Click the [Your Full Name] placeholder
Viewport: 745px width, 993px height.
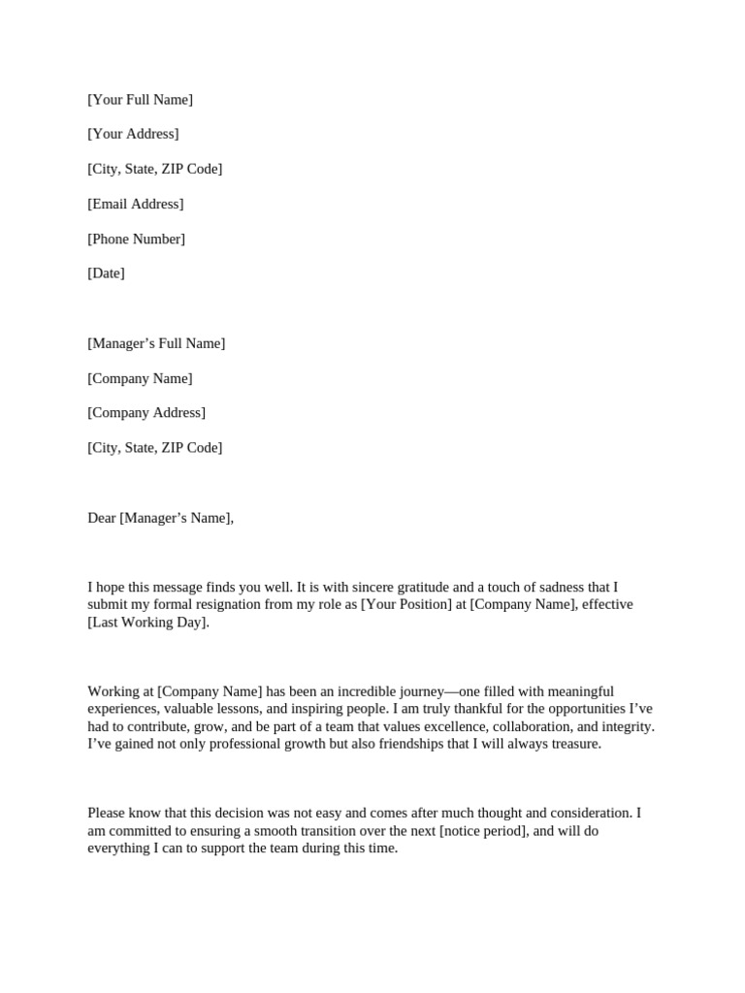(140, 100)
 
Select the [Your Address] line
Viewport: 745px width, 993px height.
(133, 134)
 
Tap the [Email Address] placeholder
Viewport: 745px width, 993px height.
(135, 204)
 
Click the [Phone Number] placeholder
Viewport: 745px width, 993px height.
(136, 239)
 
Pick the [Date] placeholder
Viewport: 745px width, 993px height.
(106, 273)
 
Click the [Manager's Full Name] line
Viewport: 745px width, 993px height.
(156, 343)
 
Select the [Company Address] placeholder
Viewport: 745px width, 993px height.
(146, 413)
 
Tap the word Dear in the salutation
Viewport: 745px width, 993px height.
(102, 518)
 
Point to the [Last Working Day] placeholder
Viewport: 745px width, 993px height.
(147, 622)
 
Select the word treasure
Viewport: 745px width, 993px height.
(573, 744)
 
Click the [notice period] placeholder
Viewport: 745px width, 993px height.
(483, 831)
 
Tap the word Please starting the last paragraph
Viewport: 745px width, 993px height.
(108, 814)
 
